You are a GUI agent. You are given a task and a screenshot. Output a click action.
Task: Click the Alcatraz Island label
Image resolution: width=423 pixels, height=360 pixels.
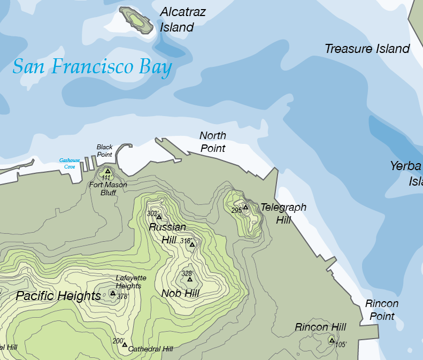coord(183,20)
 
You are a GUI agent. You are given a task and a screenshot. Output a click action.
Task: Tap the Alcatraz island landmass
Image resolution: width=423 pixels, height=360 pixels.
coord(136,19)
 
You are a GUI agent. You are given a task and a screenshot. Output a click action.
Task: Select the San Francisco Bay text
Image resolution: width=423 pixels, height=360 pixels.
coord(92,67)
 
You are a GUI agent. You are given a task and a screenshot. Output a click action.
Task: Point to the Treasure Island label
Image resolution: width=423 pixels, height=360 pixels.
coord(367,49)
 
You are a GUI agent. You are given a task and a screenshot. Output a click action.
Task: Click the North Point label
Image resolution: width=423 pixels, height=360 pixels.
coord(213,142)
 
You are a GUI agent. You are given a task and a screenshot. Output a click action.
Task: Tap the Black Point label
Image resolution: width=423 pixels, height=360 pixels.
coord(105,150)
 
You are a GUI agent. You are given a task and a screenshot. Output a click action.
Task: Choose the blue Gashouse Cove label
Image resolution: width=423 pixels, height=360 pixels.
coord(70,163)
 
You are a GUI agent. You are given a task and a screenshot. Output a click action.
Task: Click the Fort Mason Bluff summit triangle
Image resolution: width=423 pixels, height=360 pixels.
coord(107,171)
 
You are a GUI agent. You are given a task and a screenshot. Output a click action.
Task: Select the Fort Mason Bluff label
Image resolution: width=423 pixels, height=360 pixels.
coord(108,189)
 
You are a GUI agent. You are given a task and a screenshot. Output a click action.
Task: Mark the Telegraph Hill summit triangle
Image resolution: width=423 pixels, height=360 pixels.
coord(245,206)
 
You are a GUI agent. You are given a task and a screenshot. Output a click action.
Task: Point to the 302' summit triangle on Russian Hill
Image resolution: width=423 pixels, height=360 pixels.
coord(159,217)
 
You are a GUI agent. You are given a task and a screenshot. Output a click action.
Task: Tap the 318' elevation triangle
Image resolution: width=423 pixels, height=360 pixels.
coord(193,244)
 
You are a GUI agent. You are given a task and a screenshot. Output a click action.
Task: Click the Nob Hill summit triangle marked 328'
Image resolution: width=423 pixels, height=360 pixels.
coord(189,279)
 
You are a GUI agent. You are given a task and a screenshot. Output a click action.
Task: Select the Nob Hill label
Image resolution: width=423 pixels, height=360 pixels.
coord(180,293)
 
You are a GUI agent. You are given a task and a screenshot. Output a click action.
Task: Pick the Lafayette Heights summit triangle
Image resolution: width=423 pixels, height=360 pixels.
coord(112,293)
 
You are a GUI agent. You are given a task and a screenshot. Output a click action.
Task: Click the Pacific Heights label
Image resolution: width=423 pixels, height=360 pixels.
coord(58,296)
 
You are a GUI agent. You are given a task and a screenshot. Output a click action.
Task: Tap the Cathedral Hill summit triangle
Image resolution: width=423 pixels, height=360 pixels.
coord(125,344)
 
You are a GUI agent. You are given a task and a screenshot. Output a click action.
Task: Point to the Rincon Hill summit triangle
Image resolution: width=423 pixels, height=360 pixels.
coord(331,340)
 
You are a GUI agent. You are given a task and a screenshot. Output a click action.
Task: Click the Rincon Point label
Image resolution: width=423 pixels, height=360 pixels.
coord(382,310)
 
